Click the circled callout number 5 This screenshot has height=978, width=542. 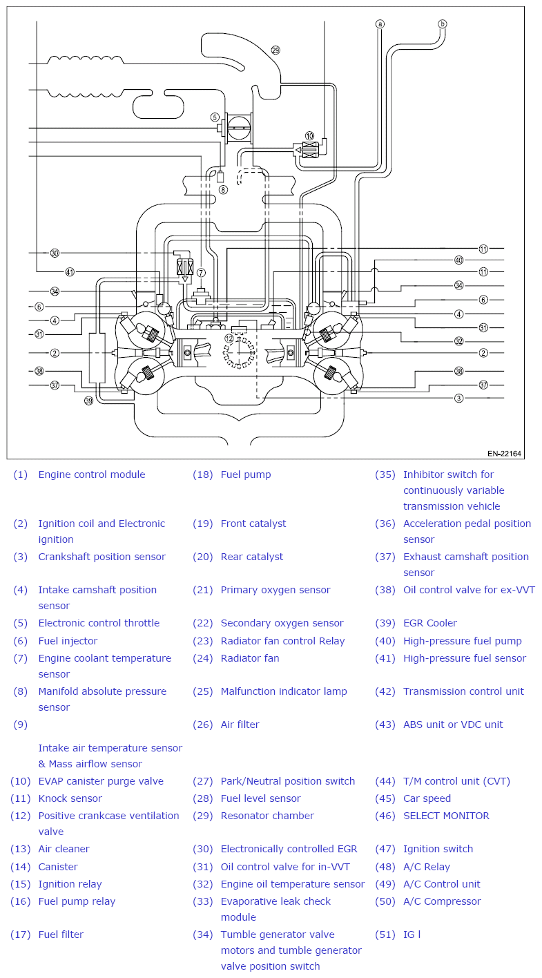(x=215, y=117)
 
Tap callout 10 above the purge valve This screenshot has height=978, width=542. (x=309, y=136)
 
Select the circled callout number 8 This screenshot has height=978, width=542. (x=222, y=189)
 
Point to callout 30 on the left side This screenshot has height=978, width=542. (x=55, y=253)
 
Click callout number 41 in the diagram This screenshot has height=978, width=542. (x=70, y=271)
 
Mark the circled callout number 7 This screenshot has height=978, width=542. (x=201, y=273)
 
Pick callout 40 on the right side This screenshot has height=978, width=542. (x=458, y=260)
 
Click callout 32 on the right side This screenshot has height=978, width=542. (x=458, y=341)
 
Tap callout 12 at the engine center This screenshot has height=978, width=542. (x=229, y=338)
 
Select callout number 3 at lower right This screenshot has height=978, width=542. (x=458, y=398)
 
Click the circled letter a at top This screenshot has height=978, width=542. (x=380, y=24)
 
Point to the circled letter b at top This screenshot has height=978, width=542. (x=443, y=24)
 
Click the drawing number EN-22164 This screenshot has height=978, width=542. (x=504, y=454)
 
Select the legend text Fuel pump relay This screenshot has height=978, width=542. (x=77, y=901)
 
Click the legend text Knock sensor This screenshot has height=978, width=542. (x=70, y=798)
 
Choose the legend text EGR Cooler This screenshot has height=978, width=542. (x=429, y=623)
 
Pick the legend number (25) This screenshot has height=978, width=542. (x=203, y=691)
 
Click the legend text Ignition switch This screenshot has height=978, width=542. (x=438, y=849)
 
